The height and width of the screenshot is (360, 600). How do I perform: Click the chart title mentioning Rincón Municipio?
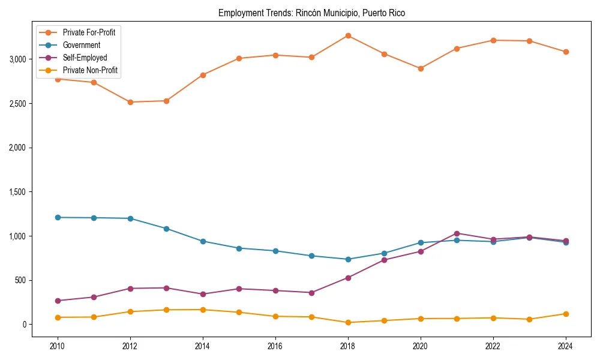pyautogui.click(x=311, y=13)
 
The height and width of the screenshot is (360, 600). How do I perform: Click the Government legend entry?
pyautogui.click(x=81, y=45)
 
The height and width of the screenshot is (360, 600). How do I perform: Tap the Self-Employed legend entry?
pyautogui.click(x=85, y=58)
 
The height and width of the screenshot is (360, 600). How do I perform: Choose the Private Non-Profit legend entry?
pyautogui.click(x=90, y=71)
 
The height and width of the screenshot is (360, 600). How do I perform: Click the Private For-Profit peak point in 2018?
pyautogui.click(x=348, y=35)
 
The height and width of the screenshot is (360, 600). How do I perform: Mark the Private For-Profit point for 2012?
pyautogui.click(x=130, y=102)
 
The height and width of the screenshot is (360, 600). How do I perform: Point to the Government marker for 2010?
pyautogui.click(x=58, y=217)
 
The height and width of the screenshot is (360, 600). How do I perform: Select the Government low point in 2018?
pyautogui.click(x=348, y=259)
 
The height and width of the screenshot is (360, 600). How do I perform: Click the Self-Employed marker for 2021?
pyautogui.click(x=457, y=233)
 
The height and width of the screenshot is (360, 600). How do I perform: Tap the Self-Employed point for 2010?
pyautogui.click(x=58, y=301)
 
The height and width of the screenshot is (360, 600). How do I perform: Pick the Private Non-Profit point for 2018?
pyautogui.click(x=348, y=322)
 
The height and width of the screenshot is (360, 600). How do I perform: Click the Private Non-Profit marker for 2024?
pyautogui.click(x=566, y=314)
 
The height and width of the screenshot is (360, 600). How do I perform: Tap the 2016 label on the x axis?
pyautogui.click(x=275, y=347)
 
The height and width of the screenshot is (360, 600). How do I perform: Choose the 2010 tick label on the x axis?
pyautogui.click(x=58, y=347)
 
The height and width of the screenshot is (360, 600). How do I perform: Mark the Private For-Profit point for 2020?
pyautogui.click(x=421, y=68)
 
